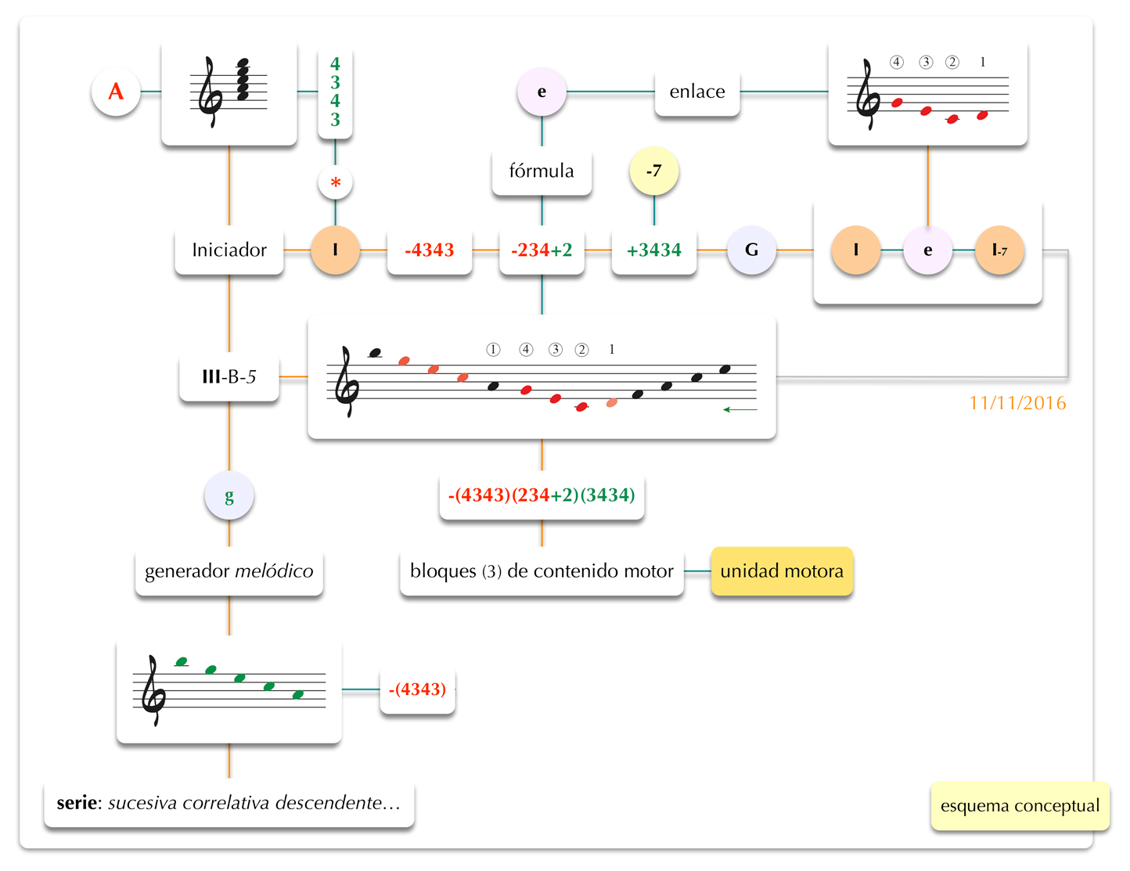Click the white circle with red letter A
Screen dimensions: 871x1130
click(116, 92)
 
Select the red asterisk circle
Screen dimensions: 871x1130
click(336, 183)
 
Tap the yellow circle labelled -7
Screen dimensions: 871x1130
click(654, 171)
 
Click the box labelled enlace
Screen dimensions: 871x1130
click(697, 92)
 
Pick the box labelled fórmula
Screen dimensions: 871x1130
click(542, 171)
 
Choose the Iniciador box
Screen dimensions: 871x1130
click(229, 250)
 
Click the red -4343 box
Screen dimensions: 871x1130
click(430, 250)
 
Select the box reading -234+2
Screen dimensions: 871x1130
click(542, 250)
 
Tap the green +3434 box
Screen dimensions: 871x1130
click(654, 250)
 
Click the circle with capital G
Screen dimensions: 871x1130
click(751, 250)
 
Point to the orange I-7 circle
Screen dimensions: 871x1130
click(999, 250)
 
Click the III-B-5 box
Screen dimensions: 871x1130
click(229, 377)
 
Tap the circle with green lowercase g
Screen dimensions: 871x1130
click(229, 496)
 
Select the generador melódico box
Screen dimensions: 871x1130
click(229, 571)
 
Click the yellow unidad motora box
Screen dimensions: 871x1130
click(782, 571)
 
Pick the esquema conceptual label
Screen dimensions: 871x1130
click(1020, 806)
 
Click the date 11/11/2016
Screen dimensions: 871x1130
click(1017, 403)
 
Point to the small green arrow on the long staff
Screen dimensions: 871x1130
click(740, 409)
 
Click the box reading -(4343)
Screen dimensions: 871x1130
click(418, 689)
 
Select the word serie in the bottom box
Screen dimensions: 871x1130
click(77, 803)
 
